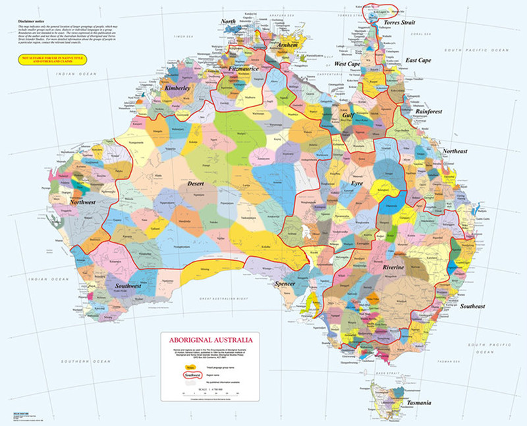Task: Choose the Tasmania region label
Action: pyautogui.click(x=418, y=402)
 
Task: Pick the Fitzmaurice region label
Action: pyautogui.click(x=242, y=68)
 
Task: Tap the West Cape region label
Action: pyautogui.click(x=347, y=64)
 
